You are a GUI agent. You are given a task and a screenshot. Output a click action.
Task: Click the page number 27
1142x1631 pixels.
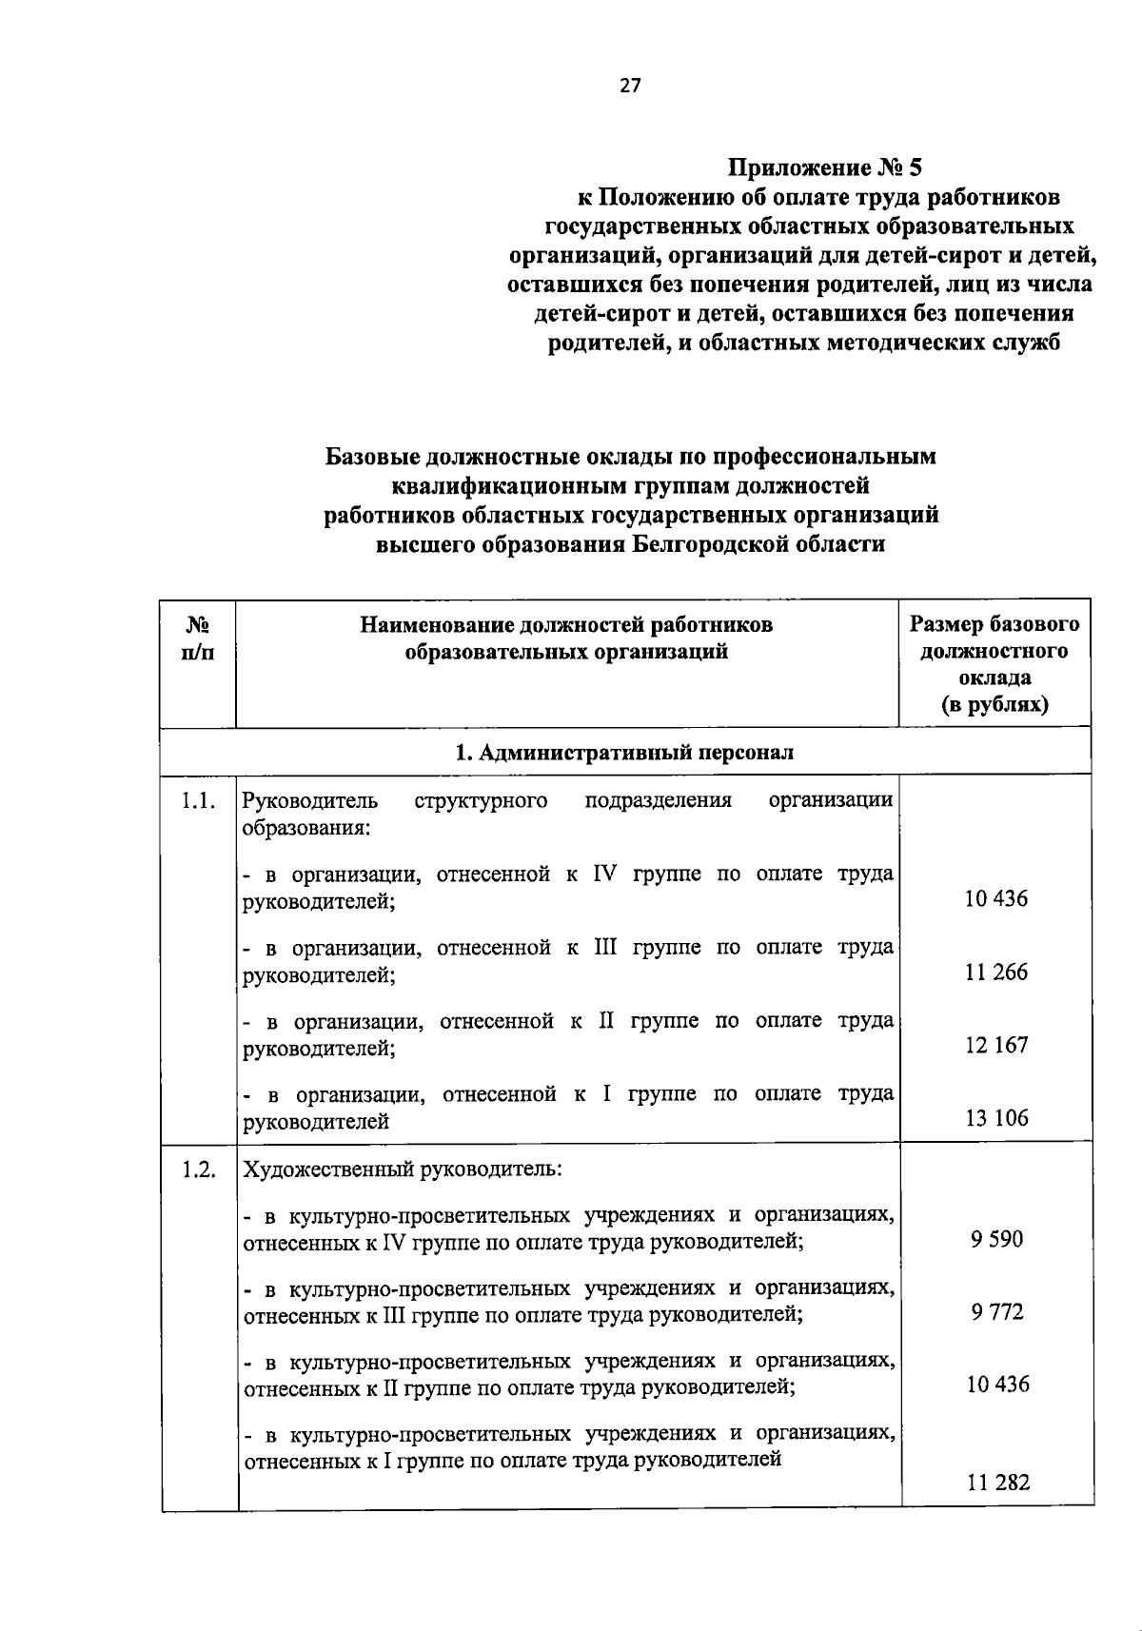(x=630, y=86)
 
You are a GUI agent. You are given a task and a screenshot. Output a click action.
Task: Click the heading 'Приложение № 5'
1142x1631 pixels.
(x=824, y=168)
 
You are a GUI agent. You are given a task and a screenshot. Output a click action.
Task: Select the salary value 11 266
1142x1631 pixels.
(x=996, y=972)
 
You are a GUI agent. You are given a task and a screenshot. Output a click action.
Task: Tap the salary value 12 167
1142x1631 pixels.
(x=996, y=1045)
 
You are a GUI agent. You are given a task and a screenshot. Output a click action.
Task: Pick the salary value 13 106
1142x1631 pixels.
(x=996, y=1118)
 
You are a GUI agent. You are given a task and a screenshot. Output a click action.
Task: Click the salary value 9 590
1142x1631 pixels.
(x=996, y=1239)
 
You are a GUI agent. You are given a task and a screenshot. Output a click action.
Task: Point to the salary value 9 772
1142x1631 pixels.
(x=996, y=1312)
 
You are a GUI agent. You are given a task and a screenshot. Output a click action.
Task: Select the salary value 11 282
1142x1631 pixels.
(x=998, y=1482)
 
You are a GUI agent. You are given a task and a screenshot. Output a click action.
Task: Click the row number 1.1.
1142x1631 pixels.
(x=198, y=801)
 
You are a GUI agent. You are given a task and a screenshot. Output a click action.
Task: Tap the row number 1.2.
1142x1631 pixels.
(x=198, y=1170)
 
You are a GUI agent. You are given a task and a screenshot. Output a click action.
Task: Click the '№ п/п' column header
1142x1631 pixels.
(x=198, y=639)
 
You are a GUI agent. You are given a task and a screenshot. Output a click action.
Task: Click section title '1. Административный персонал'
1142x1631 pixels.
(x=624, y=753)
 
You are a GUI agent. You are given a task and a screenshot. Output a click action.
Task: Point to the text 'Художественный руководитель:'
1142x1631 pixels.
(x=403, y=1169)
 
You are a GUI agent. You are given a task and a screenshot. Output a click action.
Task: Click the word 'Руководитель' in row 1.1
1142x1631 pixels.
(x=310, y=800)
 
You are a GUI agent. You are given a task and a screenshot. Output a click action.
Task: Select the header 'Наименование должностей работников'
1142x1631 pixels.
(x=566, y=625)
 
